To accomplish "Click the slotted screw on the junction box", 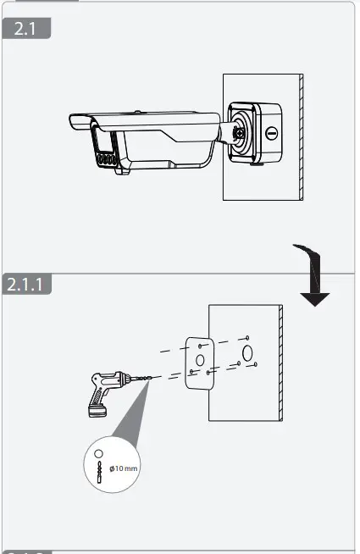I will tap(272, 134).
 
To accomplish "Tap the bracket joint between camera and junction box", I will tap(230, 133).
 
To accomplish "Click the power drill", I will tap(110, 391).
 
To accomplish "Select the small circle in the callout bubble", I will tap(98, 454).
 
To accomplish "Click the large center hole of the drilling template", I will tap(200, 359).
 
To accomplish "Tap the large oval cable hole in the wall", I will tap(246, 352).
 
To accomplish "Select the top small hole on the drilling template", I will tap(199, 345).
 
